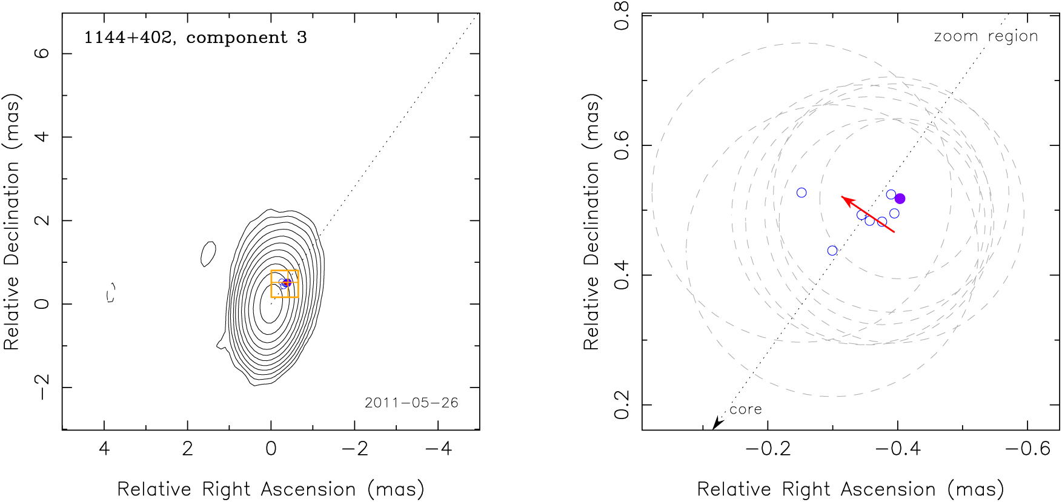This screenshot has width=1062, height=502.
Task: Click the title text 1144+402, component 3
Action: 195,38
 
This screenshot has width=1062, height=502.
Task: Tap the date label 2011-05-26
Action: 411,403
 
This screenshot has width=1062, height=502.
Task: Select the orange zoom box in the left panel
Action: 285,283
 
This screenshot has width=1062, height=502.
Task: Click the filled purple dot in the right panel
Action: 900,199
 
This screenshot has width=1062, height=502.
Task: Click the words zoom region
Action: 986,36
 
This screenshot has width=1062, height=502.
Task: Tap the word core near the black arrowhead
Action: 745,409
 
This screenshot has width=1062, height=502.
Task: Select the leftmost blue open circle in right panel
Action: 801,193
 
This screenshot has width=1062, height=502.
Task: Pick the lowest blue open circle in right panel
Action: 832,251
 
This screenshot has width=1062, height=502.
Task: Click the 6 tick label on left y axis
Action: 42,53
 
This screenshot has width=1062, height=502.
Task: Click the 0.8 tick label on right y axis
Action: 622,16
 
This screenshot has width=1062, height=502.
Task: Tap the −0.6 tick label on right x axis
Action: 1027,449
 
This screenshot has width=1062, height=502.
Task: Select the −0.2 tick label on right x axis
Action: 768,449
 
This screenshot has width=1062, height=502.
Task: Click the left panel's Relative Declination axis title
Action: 12,222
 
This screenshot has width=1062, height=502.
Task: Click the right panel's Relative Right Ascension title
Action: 851,489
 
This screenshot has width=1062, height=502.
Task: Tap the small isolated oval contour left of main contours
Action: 208,254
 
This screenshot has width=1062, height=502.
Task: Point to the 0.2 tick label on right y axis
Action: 622,405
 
